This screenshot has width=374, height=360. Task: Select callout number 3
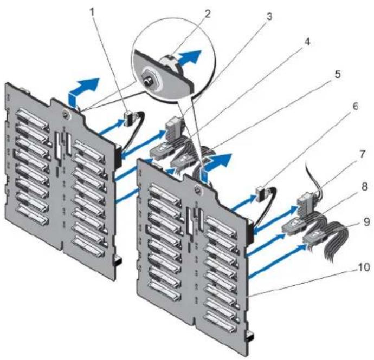[269, 17]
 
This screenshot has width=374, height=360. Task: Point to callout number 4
[307, 42]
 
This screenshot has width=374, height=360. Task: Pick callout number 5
[337, 74]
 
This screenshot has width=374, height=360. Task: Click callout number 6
[355, 106]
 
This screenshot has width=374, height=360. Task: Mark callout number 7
[362, 154]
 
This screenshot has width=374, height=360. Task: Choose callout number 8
[364, 187]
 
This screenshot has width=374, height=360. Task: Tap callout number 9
[366, 222]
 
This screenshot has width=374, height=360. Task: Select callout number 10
[364, 267]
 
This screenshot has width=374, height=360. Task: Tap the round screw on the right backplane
[198, 190]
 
